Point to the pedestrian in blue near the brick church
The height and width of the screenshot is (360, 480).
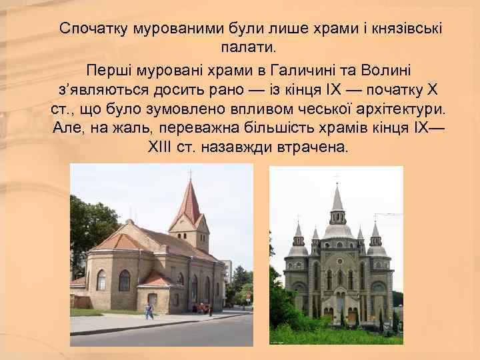(149, 311)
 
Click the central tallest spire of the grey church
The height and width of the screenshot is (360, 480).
(337, 200)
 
